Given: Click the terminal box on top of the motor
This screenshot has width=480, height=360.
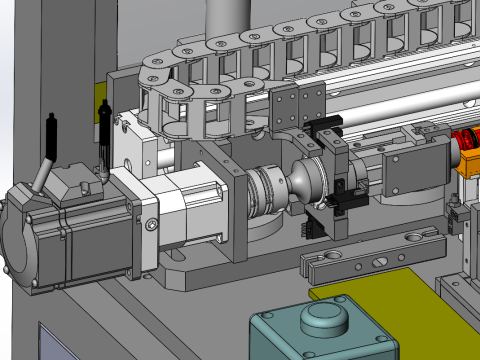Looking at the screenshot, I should (x=75, y=185).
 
